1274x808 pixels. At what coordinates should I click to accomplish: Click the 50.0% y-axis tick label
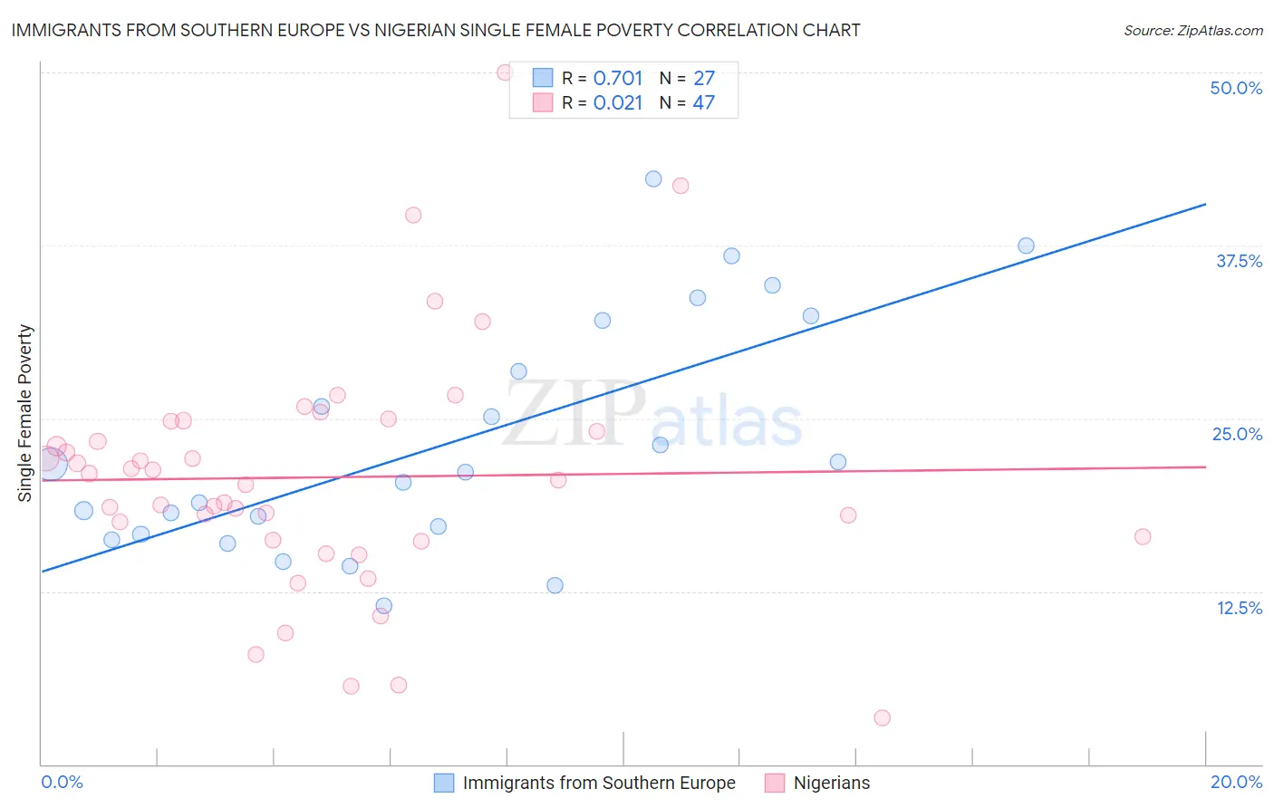tap(1236, 88)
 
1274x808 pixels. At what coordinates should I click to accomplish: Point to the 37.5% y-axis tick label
tap(1239, 261)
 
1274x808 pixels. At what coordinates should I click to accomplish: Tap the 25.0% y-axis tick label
tap(1237, 434)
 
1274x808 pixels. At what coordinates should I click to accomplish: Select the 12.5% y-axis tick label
tap(1239, 608)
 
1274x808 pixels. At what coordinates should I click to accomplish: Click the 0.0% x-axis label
tap(62, 782)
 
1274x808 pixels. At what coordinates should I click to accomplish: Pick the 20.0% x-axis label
tap(1236, 782)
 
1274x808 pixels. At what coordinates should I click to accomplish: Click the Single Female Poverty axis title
tap(25, 413)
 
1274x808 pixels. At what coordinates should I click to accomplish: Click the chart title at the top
tap(436, 30)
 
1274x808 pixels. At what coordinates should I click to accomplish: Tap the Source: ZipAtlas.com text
tap(1192, 30)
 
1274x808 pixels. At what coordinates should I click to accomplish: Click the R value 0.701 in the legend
tap(617, 78)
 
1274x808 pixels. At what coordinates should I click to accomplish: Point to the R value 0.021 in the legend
tap(617, 102)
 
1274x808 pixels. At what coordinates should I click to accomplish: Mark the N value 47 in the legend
tap(703, 102)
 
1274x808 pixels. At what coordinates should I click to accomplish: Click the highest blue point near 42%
tap(653, 178)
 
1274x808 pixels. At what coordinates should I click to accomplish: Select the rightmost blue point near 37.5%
tap(1026, 245)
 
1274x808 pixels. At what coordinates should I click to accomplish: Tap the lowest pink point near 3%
tap(882, 717)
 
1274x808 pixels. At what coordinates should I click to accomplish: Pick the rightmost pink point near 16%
tap(1143, 536)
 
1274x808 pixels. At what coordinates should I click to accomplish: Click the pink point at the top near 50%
tap(505, 72)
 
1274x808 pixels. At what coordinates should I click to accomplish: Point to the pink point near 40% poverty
tap(413, 215)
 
